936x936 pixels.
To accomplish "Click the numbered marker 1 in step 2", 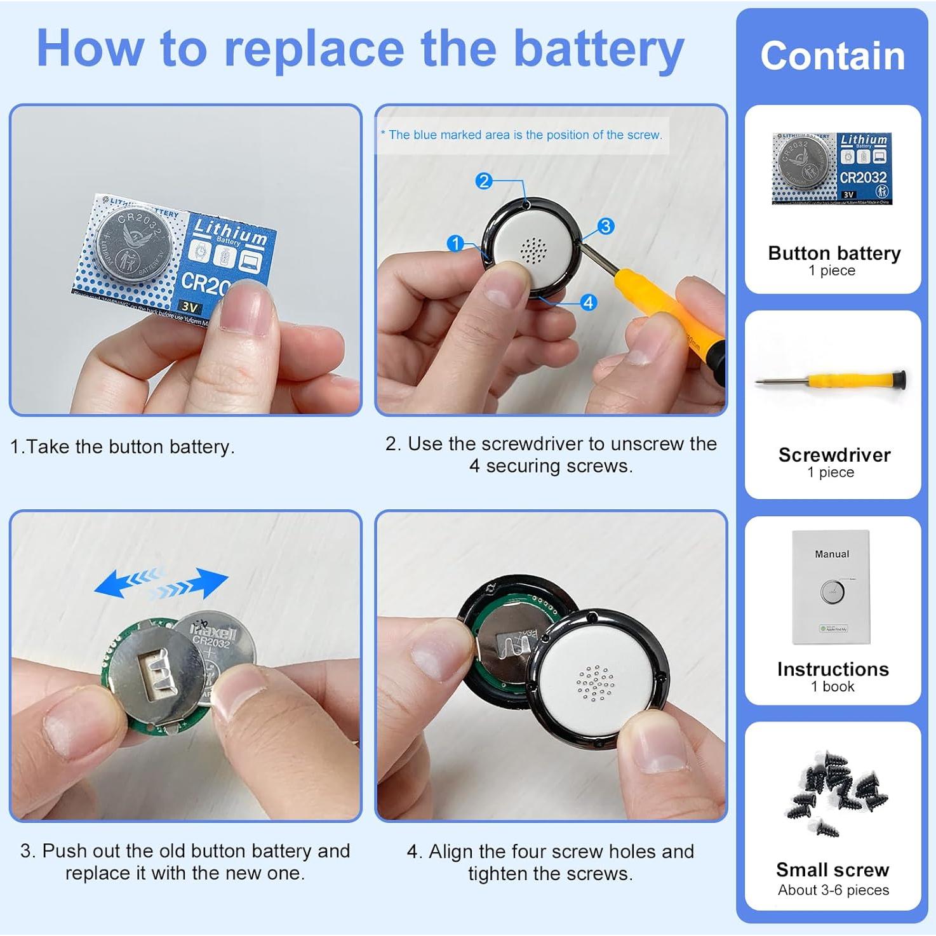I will pos(455,243).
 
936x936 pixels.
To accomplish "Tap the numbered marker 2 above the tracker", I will pos(484,181).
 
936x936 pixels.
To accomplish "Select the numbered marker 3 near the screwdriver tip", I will pos(606,226).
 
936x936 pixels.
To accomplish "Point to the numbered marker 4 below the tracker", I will pos(589,302).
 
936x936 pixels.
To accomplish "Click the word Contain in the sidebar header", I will pos(832,56).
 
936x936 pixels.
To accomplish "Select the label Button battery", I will pos(834,253).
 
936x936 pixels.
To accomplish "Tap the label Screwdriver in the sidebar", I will pos(834,455).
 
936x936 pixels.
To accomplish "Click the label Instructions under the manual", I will pos(832,669).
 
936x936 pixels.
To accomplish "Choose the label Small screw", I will pos(832,869).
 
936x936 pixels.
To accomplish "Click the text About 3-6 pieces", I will pos(833,890).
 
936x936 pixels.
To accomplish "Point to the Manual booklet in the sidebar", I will pos(831,587).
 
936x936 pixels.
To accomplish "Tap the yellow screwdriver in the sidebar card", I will pos(832,381).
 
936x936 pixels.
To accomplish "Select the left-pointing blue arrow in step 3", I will pos(127,581).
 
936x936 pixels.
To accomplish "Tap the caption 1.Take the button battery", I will pos(123,446).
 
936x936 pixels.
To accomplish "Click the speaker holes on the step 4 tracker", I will pos(594,683).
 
